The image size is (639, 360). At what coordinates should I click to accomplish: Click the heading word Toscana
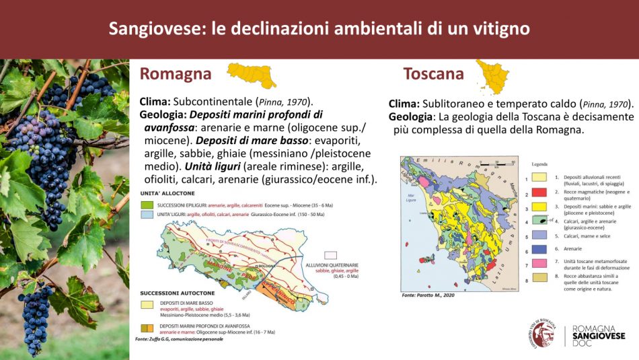(433, 73)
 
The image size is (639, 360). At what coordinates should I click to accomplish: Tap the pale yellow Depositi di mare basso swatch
(145, 304)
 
